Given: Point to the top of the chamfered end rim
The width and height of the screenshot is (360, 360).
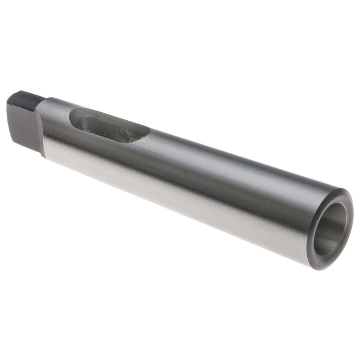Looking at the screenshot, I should [x=342, y=191].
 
